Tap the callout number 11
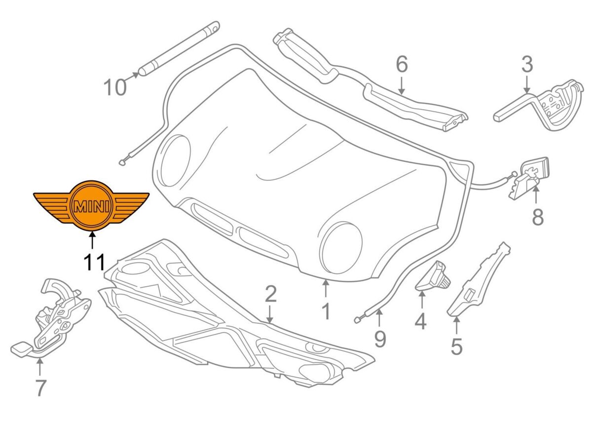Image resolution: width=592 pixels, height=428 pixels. click(93, 262)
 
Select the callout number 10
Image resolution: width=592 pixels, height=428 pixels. click(115, 87)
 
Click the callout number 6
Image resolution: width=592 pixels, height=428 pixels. click(402, 64)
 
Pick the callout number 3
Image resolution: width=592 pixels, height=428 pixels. click(527, 64)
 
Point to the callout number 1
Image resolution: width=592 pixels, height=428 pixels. click(325, 311)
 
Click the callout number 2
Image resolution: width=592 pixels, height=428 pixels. click(270, 295)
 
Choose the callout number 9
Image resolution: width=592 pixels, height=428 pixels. click(380, 338)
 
